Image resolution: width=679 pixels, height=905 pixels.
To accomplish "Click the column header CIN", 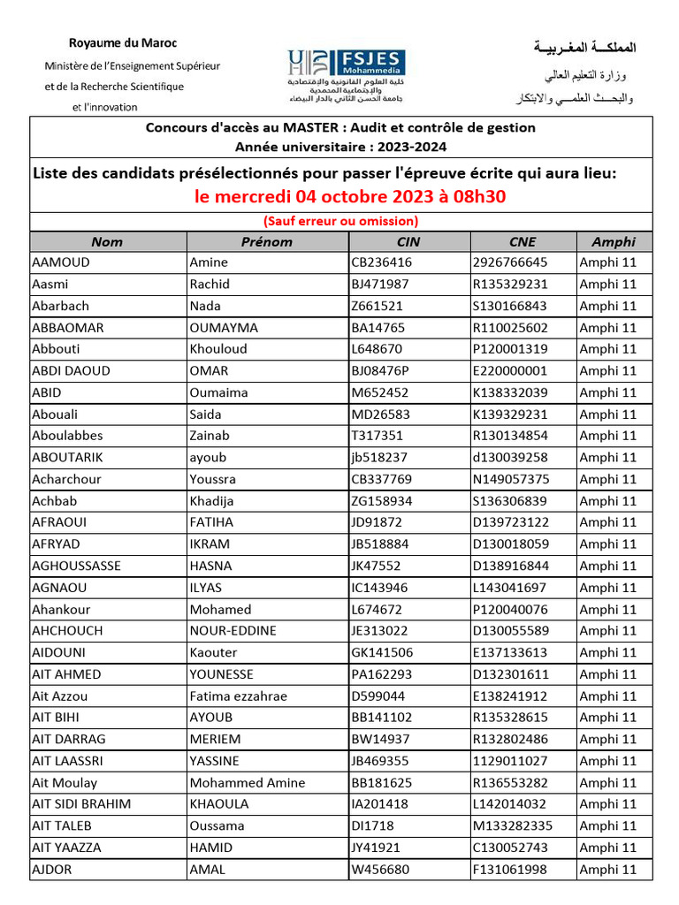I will [409, 241].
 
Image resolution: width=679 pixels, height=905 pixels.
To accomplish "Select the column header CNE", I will [523, 241].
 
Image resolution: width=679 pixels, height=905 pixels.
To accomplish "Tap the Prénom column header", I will [266, 241].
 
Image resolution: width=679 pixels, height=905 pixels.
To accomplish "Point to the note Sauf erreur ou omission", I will [340, 221].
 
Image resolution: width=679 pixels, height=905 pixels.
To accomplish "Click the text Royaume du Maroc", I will [124, 43].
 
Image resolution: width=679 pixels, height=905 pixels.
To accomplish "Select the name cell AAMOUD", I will [61, 262].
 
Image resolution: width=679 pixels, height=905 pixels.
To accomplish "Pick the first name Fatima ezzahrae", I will [239, 696].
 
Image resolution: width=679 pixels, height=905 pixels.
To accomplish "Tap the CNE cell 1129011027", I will [510, 761].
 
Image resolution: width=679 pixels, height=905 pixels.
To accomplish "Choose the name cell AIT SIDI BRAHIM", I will [81, 804].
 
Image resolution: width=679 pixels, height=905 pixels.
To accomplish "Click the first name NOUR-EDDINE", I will [233, 631].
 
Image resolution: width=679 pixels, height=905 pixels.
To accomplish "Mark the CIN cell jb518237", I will [379, 458].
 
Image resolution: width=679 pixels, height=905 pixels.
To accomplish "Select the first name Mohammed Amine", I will [248, 782].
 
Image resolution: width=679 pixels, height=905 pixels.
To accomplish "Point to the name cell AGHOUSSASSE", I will [76, 566].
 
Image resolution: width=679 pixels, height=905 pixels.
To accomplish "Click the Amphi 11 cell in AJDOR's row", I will [607, 870].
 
